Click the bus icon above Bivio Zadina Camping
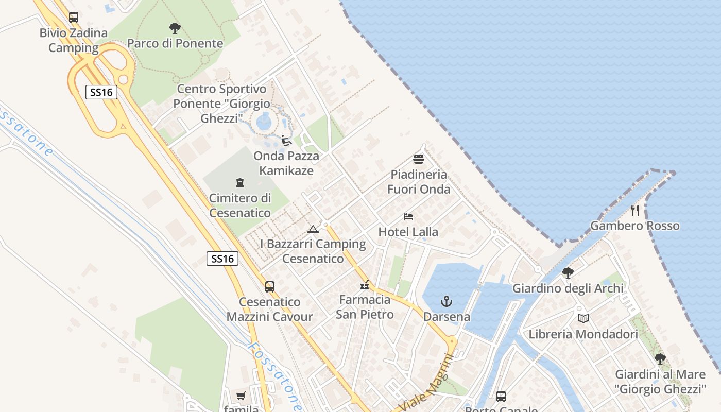click(x=74, y=18)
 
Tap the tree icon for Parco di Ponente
click(x=175, y=28)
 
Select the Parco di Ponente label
click(x=175, y=43)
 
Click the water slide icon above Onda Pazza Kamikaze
click(x=286, y=140)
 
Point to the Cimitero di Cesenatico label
click(x=240, y=205)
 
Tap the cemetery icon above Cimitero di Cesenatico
click(x=239, y=182)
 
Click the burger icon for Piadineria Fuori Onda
click(x=419, y=159)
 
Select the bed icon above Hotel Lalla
click(x=408, y=217)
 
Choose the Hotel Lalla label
click(x=408, y=232)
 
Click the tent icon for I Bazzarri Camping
click(x=313, y=229)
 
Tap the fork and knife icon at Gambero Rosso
click(x=635, y=210)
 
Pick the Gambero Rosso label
click(x=635, y=226)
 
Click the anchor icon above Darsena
click(x=447, y=301)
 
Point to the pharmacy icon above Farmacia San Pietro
click(x=365, y=284)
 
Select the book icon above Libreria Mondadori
click(x=583, y=319)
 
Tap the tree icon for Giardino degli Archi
click(x=568, y=273)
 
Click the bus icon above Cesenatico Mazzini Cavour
click(x=270, y=287)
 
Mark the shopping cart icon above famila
click(x=241, y=396)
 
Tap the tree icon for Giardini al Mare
click(x=660, y=359)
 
